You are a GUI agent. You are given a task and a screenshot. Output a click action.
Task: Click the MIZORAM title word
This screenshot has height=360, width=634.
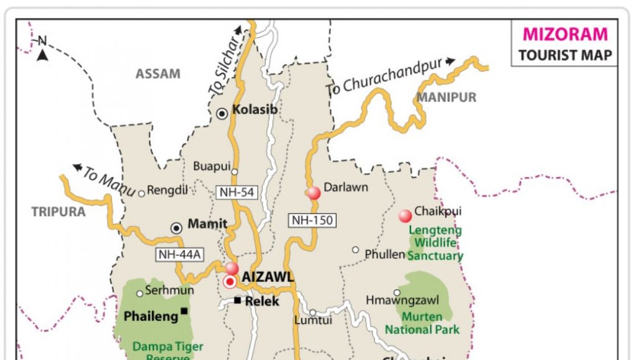point(565,35)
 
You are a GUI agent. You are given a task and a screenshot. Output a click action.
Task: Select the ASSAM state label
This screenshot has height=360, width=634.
point(158,74)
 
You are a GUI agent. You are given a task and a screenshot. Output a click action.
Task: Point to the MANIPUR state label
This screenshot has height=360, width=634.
point(446,97)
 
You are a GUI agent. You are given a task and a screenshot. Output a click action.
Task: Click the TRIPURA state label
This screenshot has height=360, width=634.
point(58,212)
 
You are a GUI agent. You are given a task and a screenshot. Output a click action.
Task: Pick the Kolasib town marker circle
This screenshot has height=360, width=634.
point(222,113)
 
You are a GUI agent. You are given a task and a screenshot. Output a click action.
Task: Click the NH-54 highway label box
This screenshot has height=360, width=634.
point(237,192)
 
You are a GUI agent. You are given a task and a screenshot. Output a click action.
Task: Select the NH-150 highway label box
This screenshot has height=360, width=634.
point(312,220)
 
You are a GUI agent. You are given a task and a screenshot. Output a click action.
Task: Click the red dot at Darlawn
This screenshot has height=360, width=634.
point(314,193)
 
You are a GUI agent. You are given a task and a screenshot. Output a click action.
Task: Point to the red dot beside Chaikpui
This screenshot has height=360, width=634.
point(405,215)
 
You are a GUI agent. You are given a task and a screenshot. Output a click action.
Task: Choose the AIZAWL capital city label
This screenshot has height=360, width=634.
point(267,277)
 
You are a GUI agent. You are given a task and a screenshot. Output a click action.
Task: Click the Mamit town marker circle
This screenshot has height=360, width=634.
point(176,228)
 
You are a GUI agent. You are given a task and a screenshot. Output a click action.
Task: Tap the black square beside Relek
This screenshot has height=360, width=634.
point(237,300)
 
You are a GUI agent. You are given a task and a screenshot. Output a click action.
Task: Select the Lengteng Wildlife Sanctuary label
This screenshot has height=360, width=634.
point(435,243)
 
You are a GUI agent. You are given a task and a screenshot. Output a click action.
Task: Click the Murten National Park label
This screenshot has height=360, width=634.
point(422,323)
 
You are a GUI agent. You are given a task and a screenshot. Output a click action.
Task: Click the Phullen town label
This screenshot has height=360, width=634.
point(385,254)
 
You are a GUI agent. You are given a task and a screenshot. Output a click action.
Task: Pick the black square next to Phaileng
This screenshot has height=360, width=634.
point(184,311)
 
